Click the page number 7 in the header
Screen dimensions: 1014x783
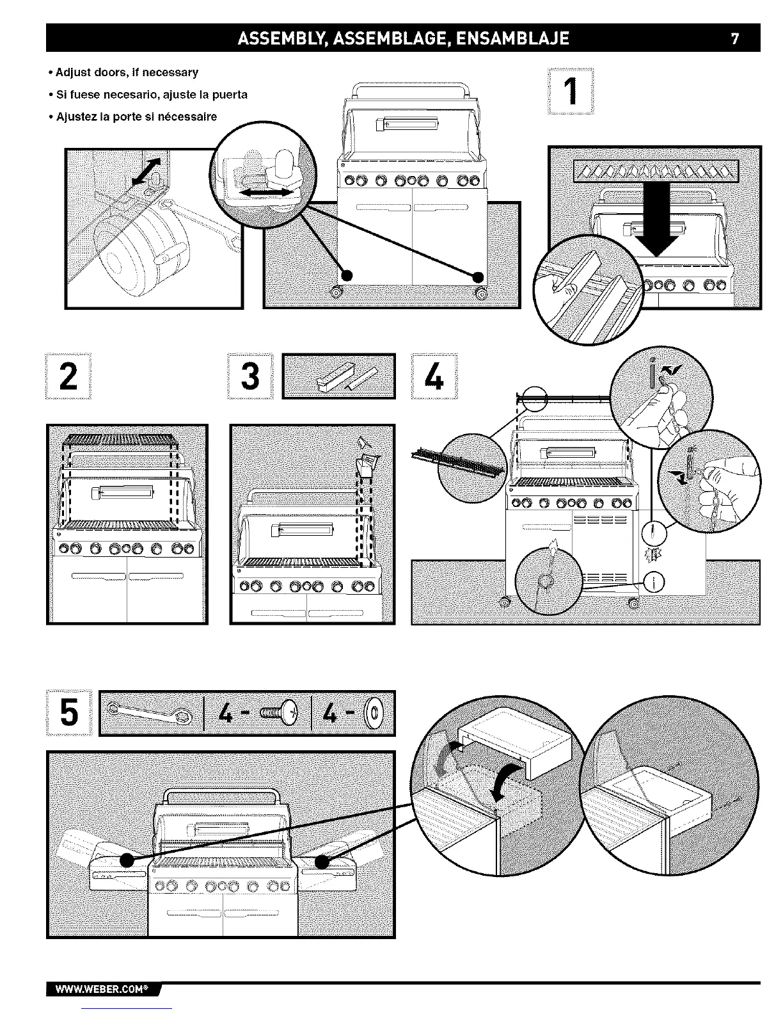735,38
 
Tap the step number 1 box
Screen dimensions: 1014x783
571,91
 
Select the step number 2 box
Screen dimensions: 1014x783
68,376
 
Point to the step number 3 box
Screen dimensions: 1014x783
250,376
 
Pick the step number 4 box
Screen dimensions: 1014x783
434,376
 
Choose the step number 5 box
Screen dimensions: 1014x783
70,712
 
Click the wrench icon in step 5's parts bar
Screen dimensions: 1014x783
151,712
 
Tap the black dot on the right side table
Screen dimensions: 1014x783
322,862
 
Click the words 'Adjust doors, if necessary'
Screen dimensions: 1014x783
127,72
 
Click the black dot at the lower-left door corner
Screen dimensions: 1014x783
346,276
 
